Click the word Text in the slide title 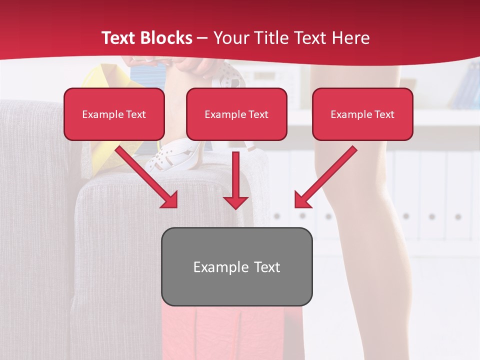[119, 38]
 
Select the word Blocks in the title [167, 38]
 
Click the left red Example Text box [114, 114]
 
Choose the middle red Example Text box [236, 114]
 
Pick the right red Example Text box [362, 114]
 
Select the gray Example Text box [236, 266]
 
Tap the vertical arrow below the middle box [236, 180]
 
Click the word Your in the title [230, 38]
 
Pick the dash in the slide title [202, 38]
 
